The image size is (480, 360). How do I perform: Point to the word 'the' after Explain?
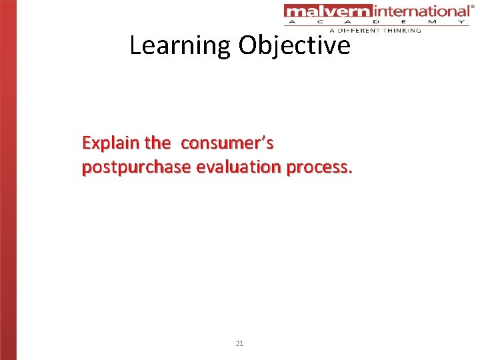(x=157, y=143)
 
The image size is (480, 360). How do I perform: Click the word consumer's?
(x=227, y=143)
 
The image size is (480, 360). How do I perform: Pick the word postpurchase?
(x=136, y=167)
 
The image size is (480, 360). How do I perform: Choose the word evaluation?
(x=239, y=167)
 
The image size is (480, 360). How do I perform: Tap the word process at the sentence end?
(x=319, y=167)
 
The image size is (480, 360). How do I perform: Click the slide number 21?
(x=240, y=343)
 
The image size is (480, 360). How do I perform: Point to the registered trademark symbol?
(x=473, y=5)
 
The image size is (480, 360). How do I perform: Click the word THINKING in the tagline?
(x=402, y=31)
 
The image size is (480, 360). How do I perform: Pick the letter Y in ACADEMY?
(x=461, y=22)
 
